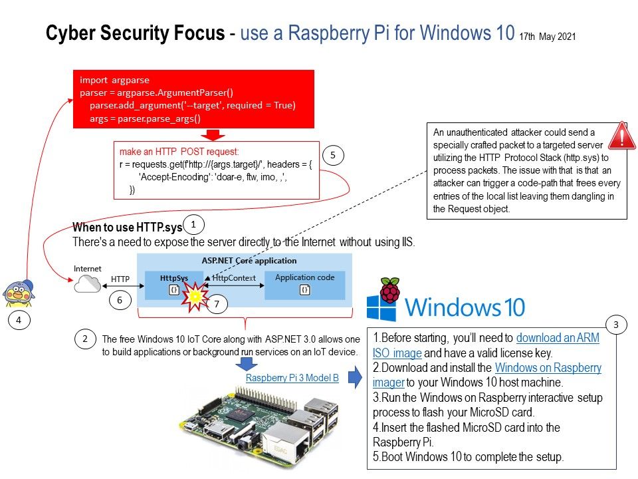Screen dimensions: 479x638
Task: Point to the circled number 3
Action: coord(616,325)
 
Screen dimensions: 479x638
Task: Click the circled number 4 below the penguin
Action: coord(19,321)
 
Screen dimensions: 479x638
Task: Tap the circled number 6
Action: coord(120,301)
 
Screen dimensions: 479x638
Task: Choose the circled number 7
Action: coord(217,305)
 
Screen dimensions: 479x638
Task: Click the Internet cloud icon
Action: coord(87,285)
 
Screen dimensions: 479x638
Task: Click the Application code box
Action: coord(304,284)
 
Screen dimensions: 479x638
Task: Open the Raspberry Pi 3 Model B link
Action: coord(292,378)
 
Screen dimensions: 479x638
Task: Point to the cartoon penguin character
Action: coord(19,291)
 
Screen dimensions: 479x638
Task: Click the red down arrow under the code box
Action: coord(214,135)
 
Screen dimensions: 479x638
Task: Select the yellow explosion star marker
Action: coord(195,296)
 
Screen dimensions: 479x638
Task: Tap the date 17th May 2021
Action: coord(547,37)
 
